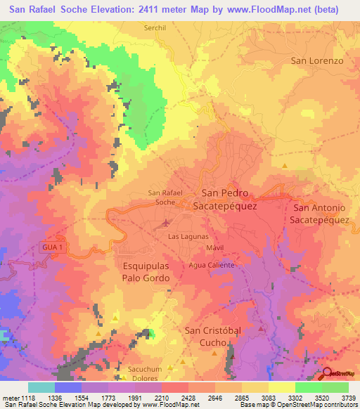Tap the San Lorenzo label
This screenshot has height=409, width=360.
317,60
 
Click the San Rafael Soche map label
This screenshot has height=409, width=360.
165,197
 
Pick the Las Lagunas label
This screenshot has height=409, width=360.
188,237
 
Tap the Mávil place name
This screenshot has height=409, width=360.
215,249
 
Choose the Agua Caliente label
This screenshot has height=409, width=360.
210,265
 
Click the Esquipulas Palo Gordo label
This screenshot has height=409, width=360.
146,273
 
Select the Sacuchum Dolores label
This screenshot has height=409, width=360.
145,373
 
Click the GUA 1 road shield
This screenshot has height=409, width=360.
51,247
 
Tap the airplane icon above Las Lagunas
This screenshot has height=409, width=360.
166,223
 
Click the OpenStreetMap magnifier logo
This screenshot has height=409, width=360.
328,374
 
